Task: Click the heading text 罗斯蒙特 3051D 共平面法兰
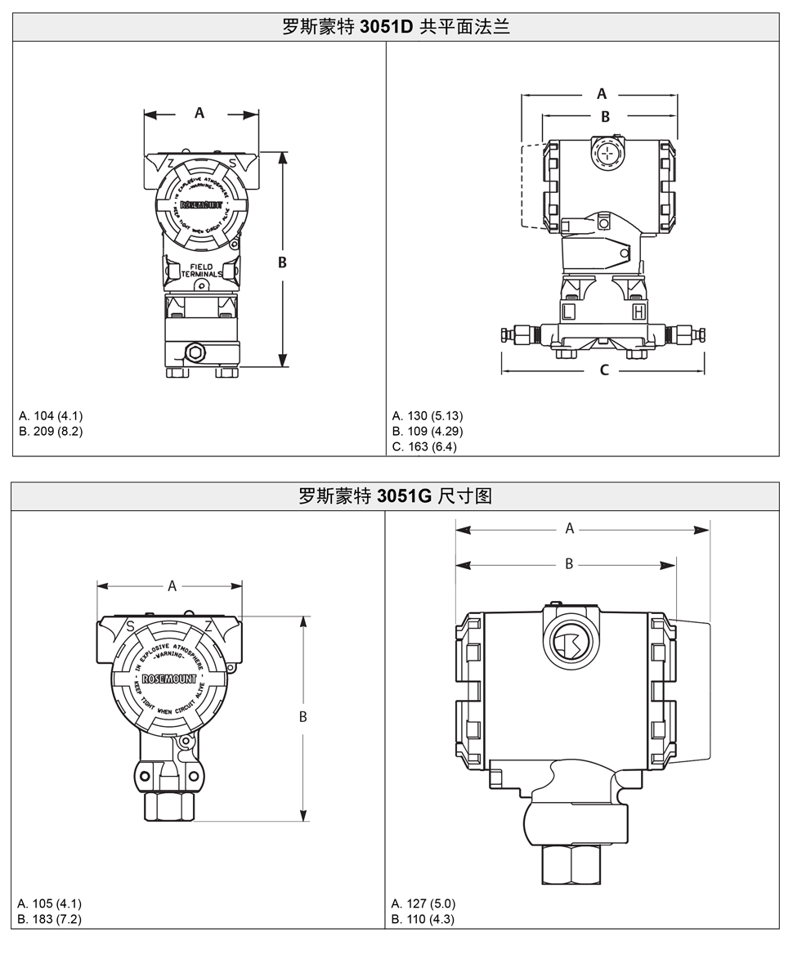point(396,26)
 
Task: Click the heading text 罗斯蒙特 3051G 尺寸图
point(396,495)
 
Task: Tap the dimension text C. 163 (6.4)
point(424,446)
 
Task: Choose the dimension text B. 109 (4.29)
point(428,431)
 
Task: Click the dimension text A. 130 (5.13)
point(428,415)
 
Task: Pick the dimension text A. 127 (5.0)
point(423,903)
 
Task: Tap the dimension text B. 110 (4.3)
point(423,919)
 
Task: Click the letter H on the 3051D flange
point(638,312)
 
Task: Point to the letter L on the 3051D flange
point(569,312)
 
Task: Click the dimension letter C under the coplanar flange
point(604,370)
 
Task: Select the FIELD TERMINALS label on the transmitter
point(201,271)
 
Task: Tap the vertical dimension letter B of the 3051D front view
point(282,262)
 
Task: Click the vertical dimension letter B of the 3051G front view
point(302,717)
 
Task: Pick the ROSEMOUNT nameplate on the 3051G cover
point(168,679)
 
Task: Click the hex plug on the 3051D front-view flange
point(195,352)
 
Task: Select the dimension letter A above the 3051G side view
point(570,529)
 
